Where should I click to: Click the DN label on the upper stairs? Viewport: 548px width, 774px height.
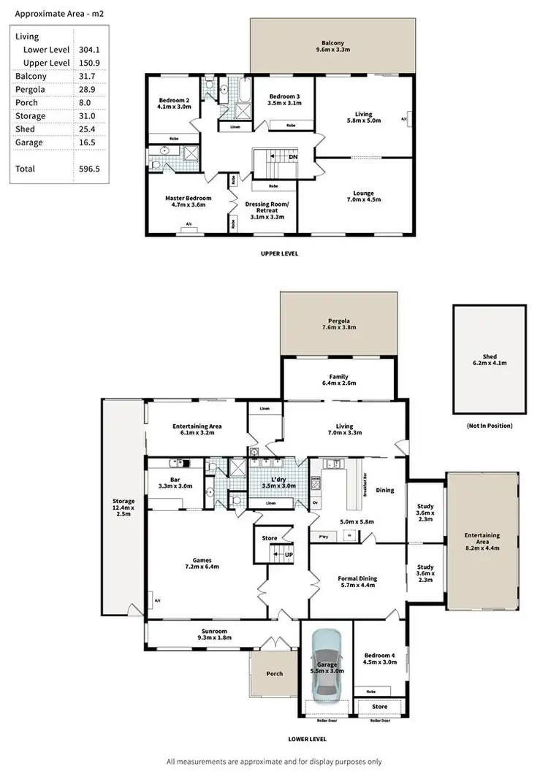293,156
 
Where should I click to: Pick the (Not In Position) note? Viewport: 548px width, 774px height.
489,426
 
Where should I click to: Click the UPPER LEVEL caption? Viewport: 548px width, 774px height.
279,254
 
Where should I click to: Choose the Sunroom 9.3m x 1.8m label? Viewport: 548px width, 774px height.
215,635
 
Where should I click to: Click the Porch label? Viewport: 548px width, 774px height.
273,673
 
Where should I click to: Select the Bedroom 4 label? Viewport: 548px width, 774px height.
379,659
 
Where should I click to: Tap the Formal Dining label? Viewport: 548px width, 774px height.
358,582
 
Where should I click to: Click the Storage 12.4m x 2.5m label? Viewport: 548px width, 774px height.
123,507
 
